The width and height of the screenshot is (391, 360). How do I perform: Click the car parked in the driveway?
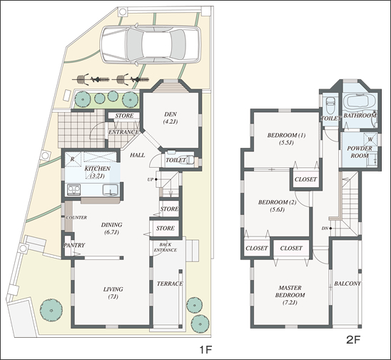point(150,45)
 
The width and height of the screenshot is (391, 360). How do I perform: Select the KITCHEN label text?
point(97,169)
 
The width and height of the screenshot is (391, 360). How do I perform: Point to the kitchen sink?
point(111,190)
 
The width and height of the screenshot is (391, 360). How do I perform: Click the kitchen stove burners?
point(73,190)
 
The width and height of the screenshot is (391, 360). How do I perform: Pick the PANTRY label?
point(74,245)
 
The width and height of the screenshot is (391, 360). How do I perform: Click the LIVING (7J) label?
point(113,293)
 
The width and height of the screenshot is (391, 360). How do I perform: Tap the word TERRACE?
point(170,284)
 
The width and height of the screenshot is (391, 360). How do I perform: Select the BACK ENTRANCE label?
point(165,247)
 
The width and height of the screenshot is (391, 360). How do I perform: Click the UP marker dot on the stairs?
point(156,179)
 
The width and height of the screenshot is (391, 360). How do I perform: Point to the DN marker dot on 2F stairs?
point(330,228)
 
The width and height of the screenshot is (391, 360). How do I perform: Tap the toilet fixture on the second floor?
point(330,104)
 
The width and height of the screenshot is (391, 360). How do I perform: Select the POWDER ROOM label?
point(360,152)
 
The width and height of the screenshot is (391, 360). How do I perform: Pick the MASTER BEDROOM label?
point(290,295)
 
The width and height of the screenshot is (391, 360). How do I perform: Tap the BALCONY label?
point(347,284)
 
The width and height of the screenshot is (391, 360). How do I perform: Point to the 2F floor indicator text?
point(354,340)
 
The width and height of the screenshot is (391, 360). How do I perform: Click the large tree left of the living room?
point(51,310)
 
